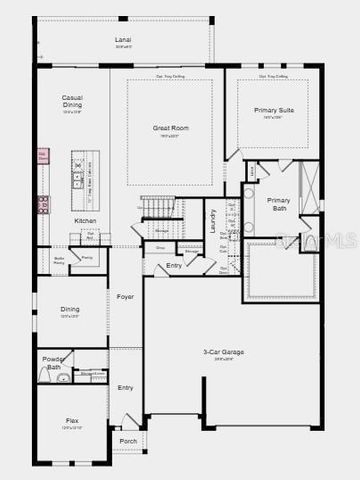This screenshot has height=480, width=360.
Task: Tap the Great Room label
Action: click(x=170, y=128)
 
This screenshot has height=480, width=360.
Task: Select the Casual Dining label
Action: click(x=72, y=101)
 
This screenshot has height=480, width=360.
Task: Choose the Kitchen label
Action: click(x=85, y=221)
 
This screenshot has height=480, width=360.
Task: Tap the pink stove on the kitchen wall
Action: click(x=43, y=204)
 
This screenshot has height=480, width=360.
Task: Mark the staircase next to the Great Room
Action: click(x=157, y=206)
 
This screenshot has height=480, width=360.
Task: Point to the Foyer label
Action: click(x=125, y=297)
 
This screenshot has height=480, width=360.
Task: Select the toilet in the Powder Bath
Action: click(x=63, y=378)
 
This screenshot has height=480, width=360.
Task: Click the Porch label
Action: click(x=128, y=441)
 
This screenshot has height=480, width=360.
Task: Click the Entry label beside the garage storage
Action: click(x=174, y=265)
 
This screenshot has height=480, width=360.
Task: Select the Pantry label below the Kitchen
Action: click(x=87, y=257)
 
